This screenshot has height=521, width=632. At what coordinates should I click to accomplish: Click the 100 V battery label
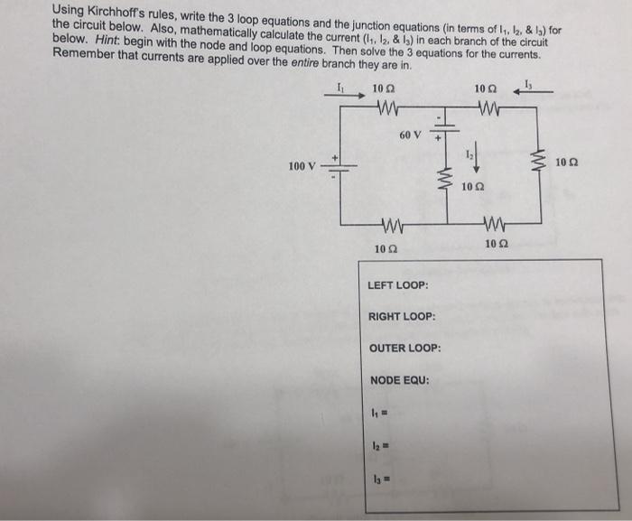[302, 166]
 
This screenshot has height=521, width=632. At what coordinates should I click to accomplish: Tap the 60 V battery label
[410, 135]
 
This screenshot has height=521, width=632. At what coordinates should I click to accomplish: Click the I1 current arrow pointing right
[345, 96]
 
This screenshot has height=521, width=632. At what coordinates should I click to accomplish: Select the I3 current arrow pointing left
[533, 92]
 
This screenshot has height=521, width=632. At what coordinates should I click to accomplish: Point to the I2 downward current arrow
[476, 157]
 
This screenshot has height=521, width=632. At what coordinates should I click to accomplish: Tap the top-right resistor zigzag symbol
[489, 107]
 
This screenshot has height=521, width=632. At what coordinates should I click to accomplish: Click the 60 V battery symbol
[445, 128]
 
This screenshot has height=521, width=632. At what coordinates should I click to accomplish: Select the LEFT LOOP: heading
[398, 285]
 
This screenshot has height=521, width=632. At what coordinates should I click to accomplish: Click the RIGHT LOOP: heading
[402, 317]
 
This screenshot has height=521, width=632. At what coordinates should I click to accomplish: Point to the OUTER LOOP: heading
[405, 348]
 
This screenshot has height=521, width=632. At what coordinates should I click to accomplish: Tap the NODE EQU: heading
[400, 380]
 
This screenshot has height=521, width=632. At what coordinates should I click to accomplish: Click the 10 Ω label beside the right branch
[567, 163]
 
